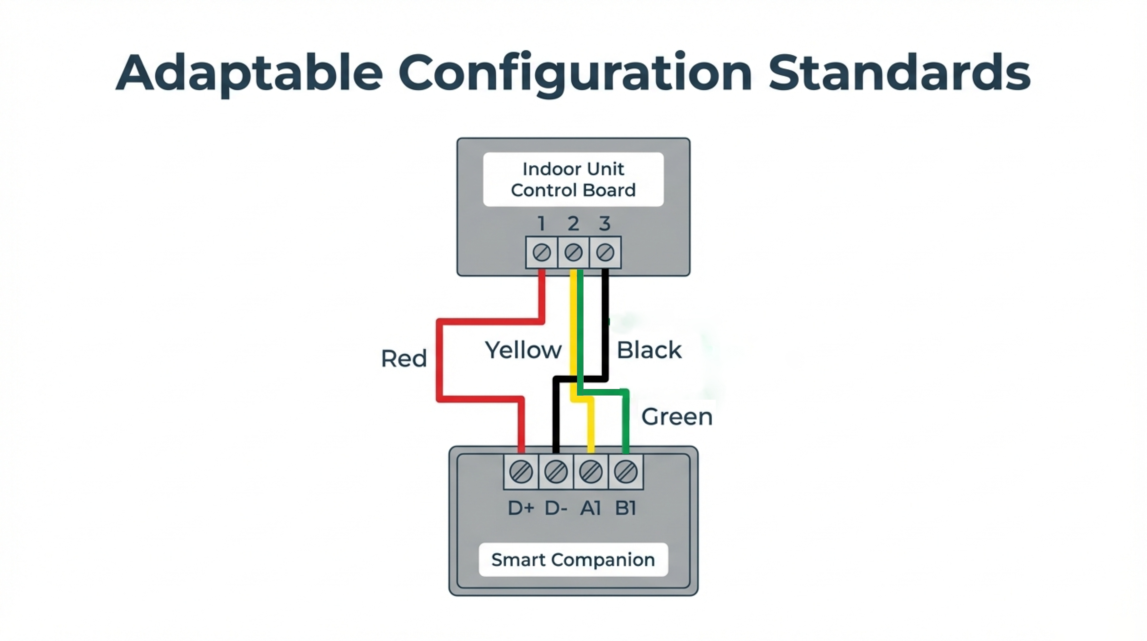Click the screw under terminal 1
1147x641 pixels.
tap(541, 253)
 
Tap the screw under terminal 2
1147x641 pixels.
tap(573, 253)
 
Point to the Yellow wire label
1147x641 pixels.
tap(523, 350)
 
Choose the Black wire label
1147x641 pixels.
tap(649, 350)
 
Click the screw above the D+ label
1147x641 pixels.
tap(521, 472)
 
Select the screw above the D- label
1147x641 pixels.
tap(556, 472)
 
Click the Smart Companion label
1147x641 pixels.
tap(573, 559)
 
